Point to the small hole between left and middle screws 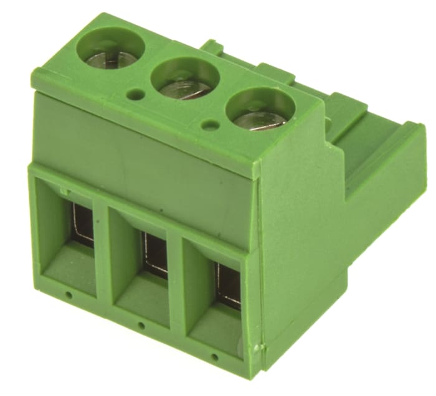(x=135, y=95)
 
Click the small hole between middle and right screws (x=211, y=125)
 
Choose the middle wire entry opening (x=143, y=262)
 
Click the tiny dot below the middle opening (x=141, y=325)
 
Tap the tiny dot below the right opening (x=215, y=357)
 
